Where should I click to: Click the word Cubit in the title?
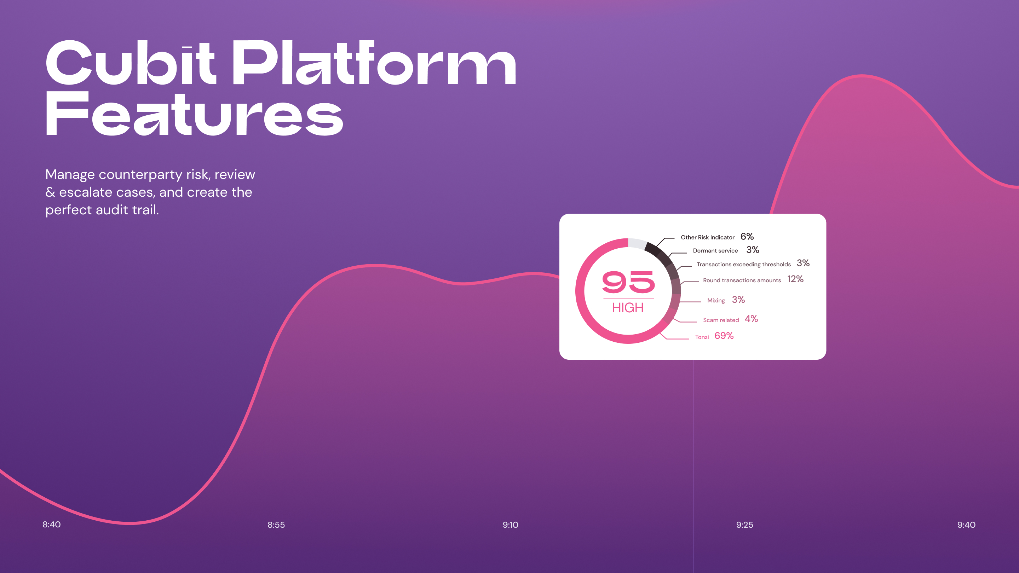131,63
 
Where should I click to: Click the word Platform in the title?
374,63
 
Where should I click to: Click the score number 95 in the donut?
628,282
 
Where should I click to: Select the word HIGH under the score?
628,308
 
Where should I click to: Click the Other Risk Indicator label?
707,237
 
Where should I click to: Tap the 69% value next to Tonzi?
724,336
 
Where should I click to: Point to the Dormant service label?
715,251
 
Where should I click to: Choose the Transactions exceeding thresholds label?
744,264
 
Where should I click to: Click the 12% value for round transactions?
795,279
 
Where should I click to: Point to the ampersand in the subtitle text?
50,192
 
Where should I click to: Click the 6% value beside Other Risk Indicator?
747,237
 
